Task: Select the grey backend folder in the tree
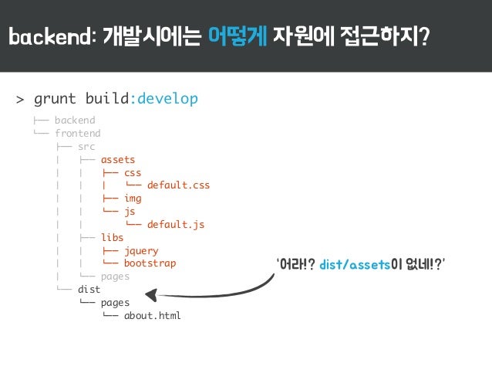pos(75,121)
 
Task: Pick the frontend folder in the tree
pos(77,134)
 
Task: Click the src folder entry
pos(86,147)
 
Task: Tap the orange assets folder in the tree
pos(118,160)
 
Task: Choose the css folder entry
pos(133,173)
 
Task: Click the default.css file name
pos(178,185)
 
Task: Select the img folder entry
pos(133,199)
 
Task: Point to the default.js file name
pos(176,225)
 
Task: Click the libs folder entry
pos(112,238)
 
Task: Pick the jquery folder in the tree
pos(141,251)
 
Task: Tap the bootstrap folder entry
pos(150,263)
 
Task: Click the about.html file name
pos(153,316)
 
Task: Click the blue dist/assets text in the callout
pos(352,266)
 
